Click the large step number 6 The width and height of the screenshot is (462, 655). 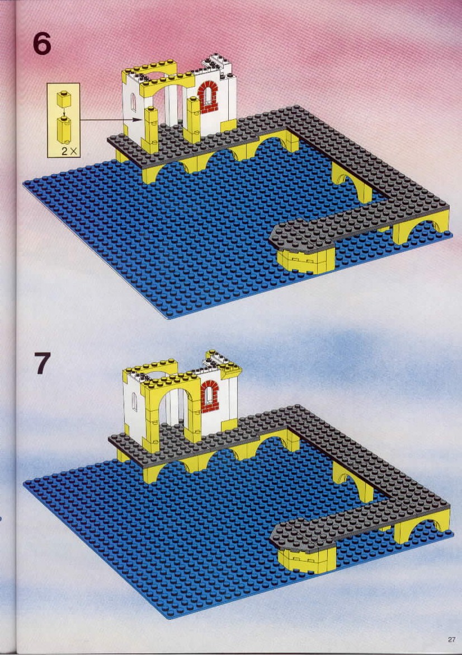tap(42, 44)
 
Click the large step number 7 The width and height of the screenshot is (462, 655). tap(42, 363)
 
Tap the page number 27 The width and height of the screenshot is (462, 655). tap(451, 639)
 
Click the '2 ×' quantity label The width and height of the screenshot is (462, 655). tap(70, 151)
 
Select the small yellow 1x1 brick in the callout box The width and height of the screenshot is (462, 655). tap(64, 99)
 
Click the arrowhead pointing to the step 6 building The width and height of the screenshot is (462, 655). tap(138, 119)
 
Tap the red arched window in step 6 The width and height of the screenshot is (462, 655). tap(208, 97)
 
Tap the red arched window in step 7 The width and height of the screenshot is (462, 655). tap(210, 396)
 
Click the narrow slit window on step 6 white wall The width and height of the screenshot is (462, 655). tap(133, 102)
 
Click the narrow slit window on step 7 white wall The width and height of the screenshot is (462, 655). tap(134, 401)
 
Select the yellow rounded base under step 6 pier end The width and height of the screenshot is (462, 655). tap(306, 261)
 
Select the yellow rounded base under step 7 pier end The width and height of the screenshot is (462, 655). tap(307, 560)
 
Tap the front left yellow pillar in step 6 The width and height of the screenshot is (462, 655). tap(150, 129)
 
